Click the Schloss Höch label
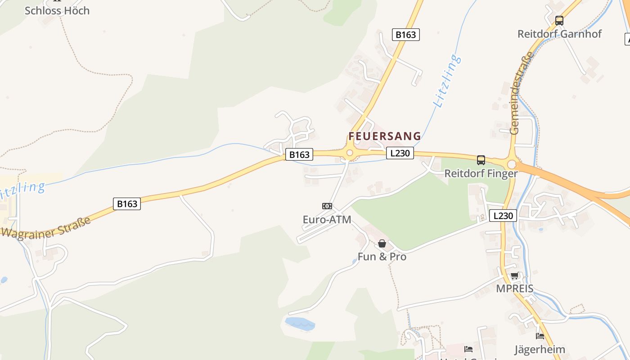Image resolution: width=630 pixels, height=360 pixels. pos(57,10)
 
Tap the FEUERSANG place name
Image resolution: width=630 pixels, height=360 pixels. pos(385,136)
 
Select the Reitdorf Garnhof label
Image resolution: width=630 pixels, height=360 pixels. pos(559,34)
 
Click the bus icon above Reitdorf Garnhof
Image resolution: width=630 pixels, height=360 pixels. pos(559,21)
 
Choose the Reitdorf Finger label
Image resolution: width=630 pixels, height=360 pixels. pos(481,173)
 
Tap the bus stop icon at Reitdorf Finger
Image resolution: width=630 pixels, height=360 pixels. pos(481,160)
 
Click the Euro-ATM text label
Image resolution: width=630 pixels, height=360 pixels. pos(327,220)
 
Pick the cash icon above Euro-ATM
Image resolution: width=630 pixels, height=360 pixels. pos(327,206)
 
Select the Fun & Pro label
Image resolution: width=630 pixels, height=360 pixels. pos(382,256)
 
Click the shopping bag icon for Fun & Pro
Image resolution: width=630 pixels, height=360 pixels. pos(382,243)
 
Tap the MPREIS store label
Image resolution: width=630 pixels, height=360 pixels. pos(514,288)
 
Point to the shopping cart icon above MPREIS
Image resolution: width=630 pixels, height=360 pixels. pos(514,276)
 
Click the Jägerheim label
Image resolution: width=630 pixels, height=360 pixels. pos(540,349)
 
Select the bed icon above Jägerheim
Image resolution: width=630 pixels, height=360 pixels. pos(540,336)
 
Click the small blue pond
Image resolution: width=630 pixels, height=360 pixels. pos(299,324)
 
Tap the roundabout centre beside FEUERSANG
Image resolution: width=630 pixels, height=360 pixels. pos(350,153)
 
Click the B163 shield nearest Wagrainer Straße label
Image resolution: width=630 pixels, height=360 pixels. pos(127,204)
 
